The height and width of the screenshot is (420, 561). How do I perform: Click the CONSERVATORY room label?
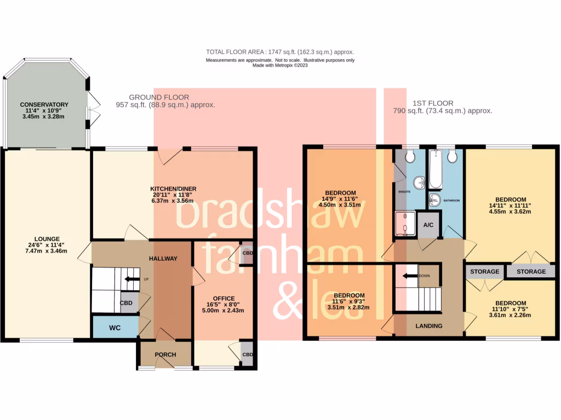44,104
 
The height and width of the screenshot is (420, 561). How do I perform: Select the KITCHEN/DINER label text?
175,189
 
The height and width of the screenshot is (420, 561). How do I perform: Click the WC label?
115,328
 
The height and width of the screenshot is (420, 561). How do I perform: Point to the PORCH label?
165,354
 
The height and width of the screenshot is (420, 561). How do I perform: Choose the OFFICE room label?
224,299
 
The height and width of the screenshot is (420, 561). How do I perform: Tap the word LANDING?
429,326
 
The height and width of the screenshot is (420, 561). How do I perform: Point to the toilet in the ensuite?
409,157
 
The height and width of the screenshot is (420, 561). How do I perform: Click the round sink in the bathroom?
434,201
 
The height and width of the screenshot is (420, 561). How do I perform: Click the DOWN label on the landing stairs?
424,276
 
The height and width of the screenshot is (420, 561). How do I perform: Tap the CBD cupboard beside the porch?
247,354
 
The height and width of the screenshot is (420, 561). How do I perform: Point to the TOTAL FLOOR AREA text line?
280,52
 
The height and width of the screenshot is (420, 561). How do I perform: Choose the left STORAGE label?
485,271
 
